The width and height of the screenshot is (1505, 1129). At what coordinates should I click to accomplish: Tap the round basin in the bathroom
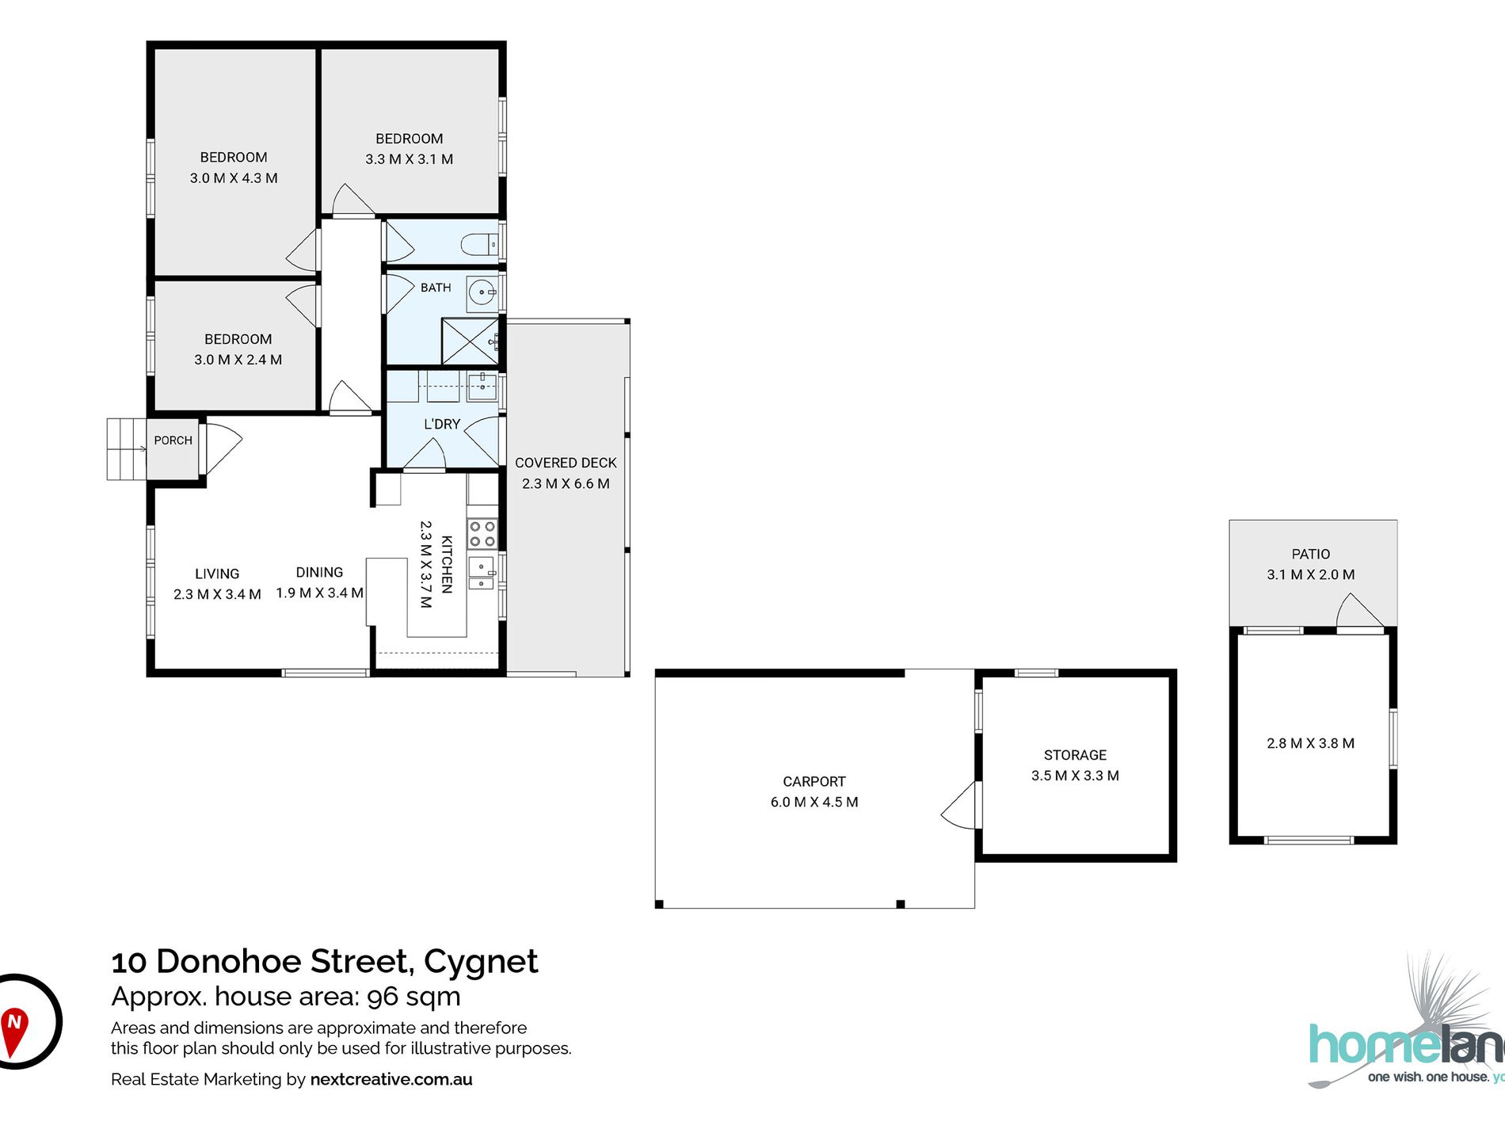[x=481, y=293]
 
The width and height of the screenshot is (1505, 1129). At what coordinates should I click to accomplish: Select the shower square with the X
[x=470, y=341]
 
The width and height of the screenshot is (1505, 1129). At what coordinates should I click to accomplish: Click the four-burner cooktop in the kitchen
[x=482, y=533]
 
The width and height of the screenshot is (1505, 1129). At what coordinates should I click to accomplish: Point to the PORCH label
[x=173, y=441]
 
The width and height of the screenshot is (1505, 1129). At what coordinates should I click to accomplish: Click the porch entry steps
[x=127, y=449]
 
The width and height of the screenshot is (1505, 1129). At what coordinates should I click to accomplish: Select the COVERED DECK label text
[x=566, y=463]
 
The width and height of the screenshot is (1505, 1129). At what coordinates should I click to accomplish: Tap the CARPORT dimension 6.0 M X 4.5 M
[x=814, y=802]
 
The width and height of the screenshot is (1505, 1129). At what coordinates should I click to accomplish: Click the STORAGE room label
[x=1075, y=755]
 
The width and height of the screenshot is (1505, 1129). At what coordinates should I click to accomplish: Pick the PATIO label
[x=1311, y=554]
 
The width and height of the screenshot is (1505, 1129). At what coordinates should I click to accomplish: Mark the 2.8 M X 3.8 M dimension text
[x=1311, y=743]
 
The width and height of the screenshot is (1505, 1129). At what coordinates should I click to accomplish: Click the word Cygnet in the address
[x=481, y=963]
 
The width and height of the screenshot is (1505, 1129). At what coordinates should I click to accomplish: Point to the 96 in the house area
[x=382, y=997]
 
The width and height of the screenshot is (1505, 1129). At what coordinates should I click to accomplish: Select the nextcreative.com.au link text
[x=391, y=1079]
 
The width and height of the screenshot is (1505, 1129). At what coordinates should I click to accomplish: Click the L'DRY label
[x=442, y=424]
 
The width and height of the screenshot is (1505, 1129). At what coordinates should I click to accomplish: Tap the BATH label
[x=436, y=288]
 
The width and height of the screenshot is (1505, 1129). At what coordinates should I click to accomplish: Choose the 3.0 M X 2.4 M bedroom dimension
[x=238, y=360]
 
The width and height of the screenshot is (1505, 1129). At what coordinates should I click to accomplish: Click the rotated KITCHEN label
[x=447, y=564]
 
